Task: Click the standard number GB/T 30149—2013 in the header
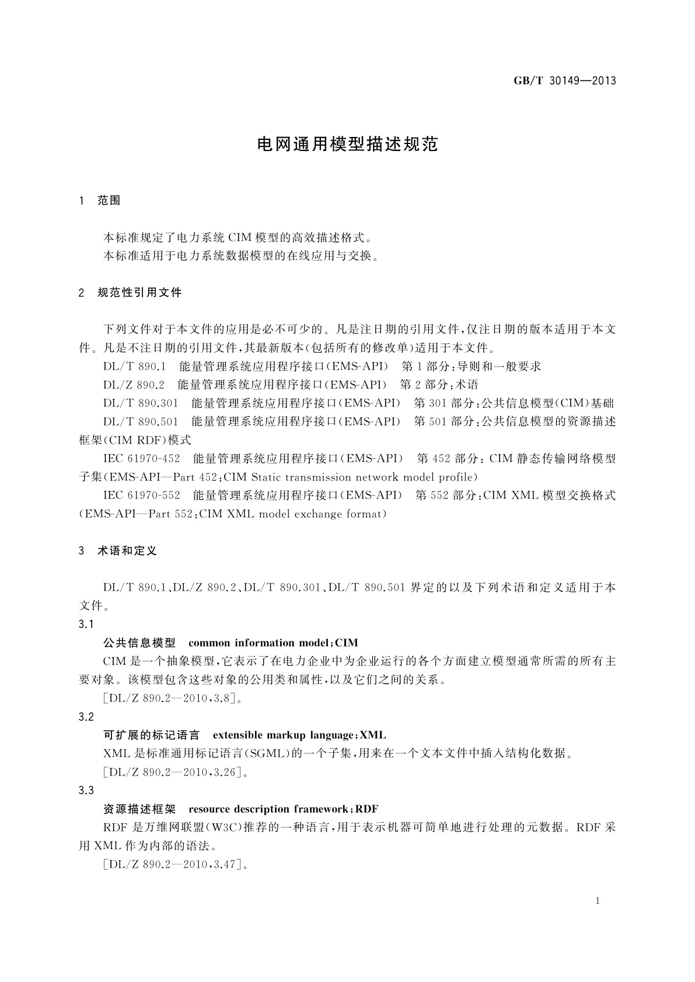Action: click(x=565, y=81)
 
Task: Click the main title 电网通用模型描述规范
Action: click(x=348, y=145)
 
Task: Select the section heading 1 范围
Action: click(x=100, y=201)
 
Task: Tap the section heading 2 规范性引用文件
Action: click(x=130, y=293)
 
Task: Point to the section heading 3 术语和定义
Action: click(x=118, y=551)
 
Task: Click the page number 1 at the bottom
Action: click(x=598, y=901)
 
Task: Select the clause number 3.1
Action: click(x=86, y=625)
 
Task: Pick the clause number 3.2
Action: click(x=86, y=717)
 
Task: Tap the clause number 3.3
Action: click(x=86, y=791)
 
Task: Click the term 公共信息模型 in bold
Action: click(x=139, y=643)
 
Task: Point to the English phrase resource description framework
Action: click(x=268, y=809)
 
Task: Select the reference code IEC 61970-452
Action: click(x=142, y=459)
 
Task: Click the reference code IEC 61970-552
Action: click(x=142, y=496)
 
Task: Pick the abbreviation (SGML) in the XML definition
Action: click(x=267, y=754)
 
